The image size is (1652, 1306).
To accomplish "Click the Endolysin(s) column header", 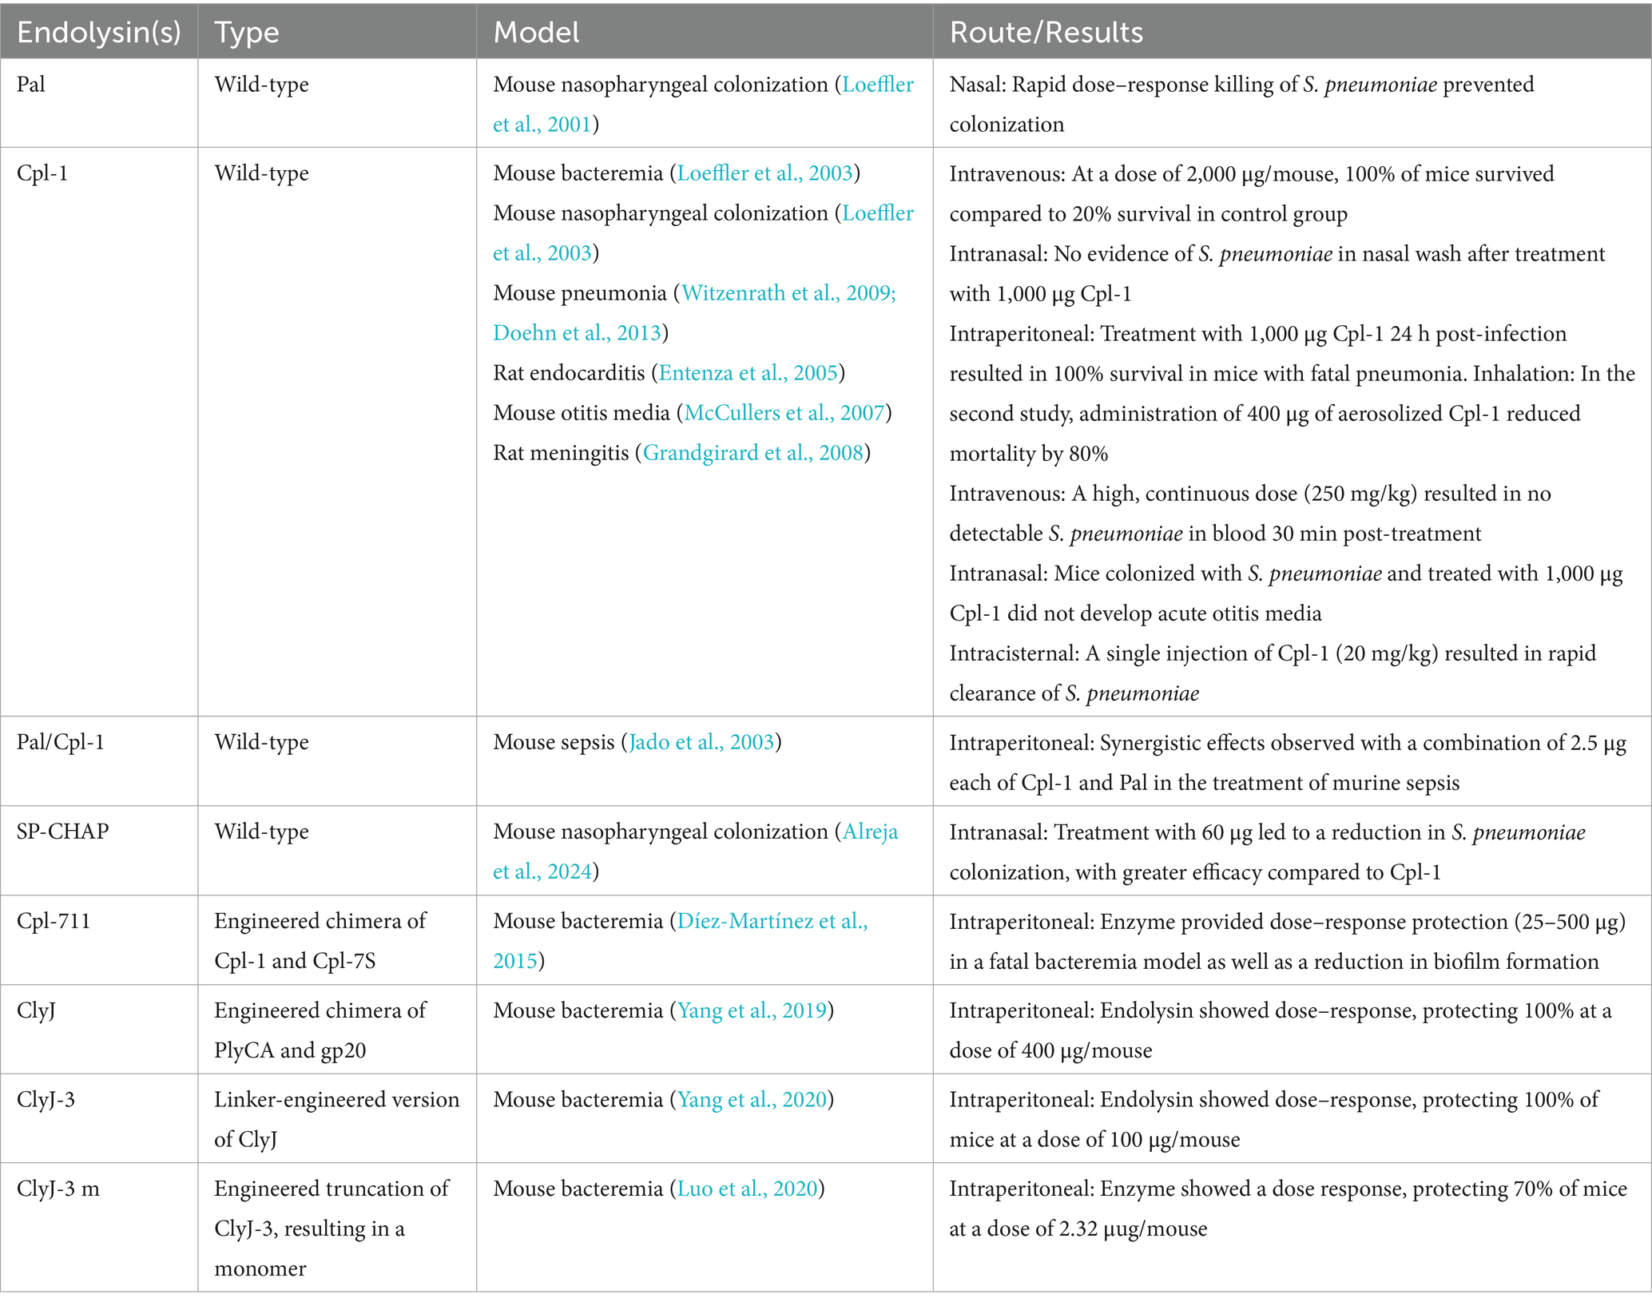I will [x=98, y=33].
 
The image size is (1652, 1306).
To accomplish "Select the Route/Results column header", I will [x=1046, y=33].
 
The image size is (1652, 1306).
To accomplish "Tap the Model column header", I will [x=536, y=33].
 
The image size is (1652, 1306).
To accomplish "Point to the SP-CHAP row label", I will [x=62, y=832].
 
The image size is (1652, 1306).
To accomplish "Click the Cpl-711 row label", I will [x=54, y=921].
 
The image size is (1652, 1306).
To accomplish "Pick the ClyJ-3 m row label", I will [x=58, y=1189].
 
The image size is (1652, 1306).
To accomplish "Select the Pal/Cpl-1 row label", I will [x=61, y=742].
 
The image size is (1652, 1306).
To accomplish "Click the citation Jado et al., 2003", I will [x=701, y=742].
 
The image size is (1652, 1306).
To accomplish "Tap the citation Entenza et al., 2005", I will [x=748, y=373].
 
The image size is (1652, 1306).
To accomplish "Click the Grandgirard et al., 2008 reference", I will [x=753, y=453].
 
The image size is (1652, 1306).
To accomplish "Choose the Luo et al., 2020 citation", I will [x=747, y=1189].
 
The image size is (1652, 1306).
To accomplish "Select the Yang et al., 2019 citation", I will [x=751, y=1010].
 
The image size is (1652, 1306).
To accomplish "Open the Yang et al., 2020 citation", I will [x=751, y=1100].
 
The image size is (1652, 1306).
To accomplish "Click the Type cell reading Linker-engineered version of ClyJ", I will [x=336, y=1119].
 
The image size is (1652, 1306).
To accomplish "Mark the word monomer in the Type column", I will [x=260, y=1268].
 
